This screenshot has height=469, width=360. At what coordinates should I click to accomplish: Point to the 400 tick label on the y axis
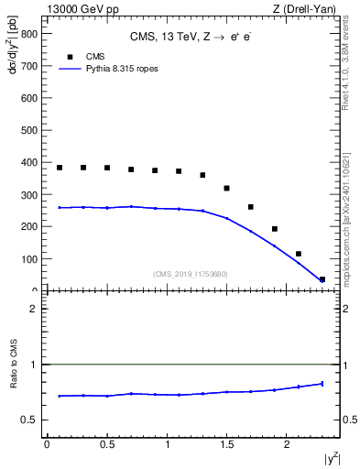click(29, 163)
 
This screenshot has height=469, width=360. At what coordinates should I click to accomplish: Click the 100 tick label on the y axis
click(29, 259)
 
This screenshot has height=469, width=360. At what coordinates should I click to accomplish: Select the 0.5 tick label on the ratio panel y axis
click(29, 420)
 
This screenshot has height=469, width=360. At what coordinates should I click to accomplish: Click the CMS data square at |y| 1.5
click(226, 188)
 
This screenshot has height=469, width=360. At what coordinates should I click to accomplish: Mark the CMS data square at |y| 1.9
click(274, 229)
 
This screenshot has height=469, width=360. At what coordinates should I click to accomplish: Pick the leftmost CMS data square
click(60, 168)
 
